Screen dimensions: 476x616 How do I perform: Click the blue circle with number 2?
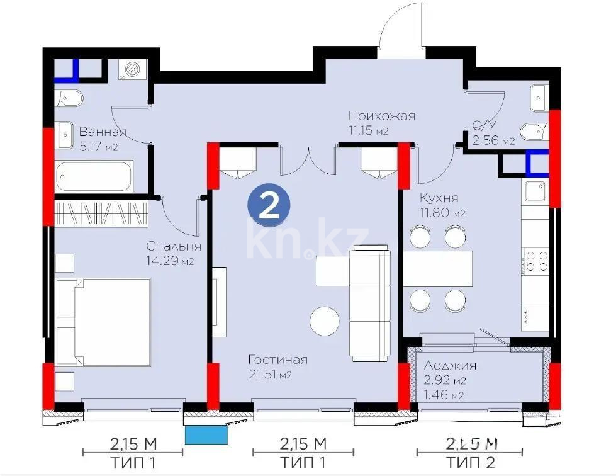pos(269,206)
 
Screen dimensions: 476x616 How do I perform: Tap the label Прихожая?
pos(382,116)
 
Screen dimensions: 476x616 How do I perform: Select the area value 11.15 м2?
pos(368,131)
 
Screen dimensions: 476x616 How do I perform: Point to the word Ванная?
pos(103,132)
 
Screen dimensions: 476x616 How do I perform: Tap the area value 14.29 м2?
pos(170,261)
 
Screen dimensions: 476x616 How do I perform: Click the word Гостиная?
pos(277,360)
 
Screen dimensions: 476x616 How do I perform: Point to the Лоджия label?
pos(450,365)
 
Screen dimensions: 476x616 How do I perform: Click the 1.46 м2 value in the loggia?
pos(444,395)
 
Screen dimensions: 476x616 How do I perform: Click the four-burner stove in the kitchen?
pos(535,261)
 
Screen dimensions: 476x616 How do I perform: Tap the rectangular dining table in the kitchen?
pos(438,268)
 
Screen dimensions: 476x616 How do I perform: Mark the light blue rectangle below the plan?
pos(206,434)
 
